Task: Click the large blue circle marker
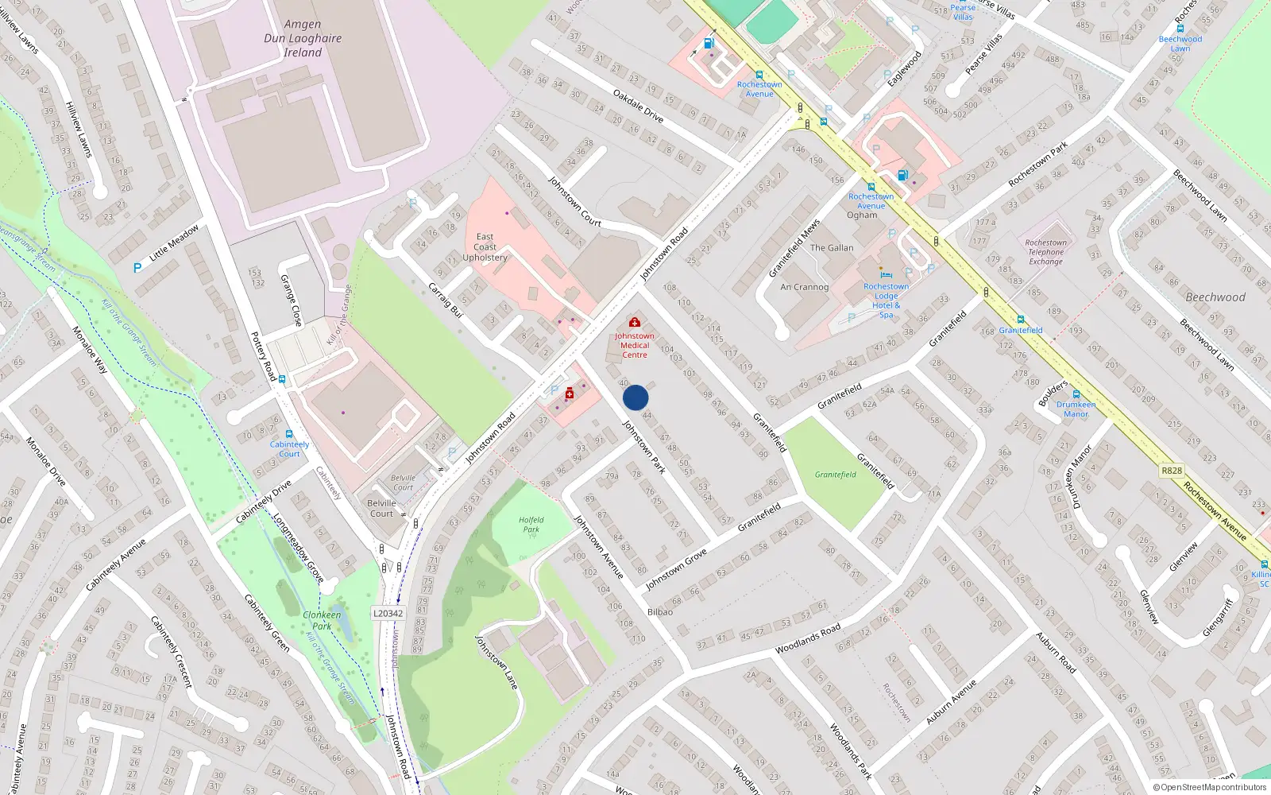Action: pyautogui.click(x=635, y=397)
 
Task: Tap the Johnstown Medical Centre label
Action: pyautogui.click(x=635, y=345)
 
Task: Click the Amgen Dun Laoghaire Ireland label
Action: pyautogui.click(x=303, y=38)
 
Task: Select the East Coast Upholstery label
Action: pyautogui.click(x=485, y=247)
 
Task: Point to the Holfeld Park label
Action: pyautogui.click(x=531, y=525)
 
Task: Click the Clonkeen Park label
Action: pyautogui.click(x=322, y=620)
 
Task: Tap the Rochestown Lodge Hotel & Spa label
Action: pyautogui.click(x=886, y=301)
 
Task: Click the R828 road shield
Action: pyautogui.click(x=1172, y=471)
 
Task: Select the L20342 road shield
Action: pyautogui.click(x=388, y=613)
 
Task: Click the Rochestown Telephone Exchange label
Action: pyautogui.click(x=1045, y=252)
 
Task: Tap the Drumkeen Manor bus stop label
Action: pyautogui.click(x=1076, y=409)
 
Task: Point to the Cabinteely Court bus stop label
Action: pyautogui.click(x=289, y=449)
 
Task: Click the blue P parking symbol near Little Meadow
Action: pyautogui.click(x=137, y=268)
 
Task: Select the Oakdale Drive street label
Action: pyautogui.click(x=638, y=105)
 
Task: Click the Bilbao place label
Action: pyautogui.click(x=660, y=612)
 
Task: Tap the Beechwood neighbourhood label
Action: pyautogui.click(x=1215, y=297)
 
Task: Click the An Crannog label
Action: pyautogui.click(x=804, y=287)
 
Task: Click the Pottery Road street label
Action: pyautogui.click(x=263, y=356)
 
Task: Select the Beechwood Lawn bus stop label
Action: pyautogui.click(x=1180, y=44)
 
